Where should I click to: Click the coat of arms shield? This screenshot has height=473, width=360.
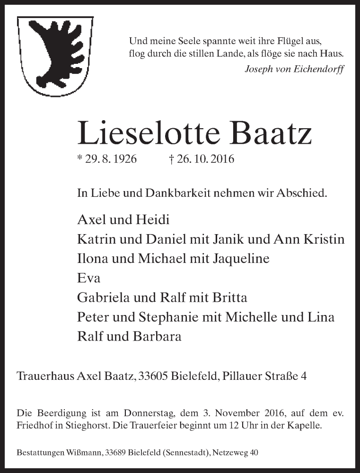(55, 55)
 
